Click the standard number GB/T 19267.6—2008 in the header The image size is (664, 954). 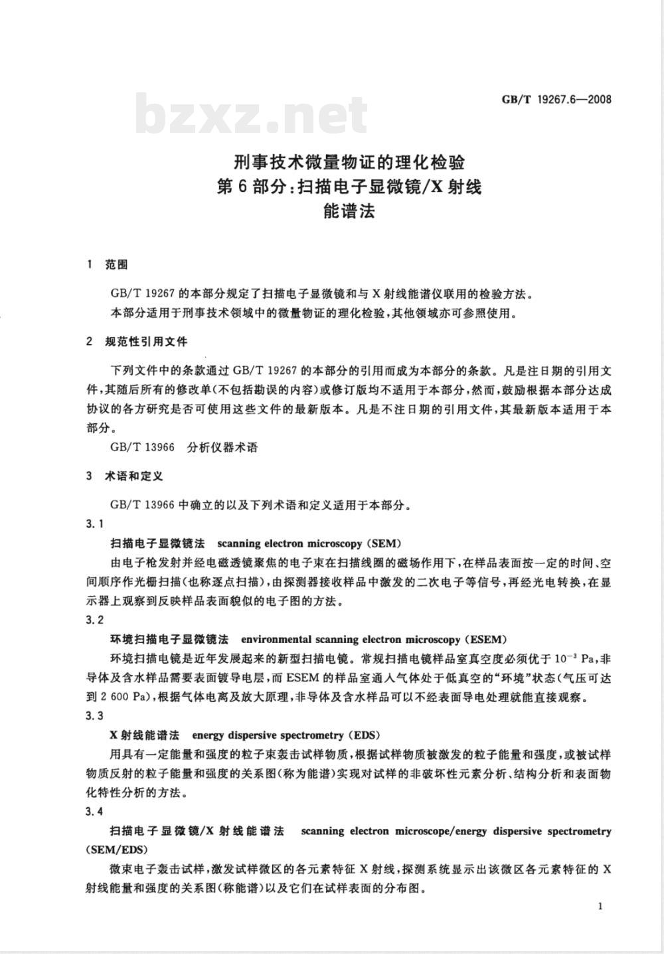pos(556,100)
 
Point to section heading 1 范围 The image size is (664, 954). pos(107,265)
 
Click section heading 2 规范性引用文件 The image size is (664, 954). pos(137,341)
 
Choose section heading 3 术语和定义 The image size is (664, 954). pos(124,476)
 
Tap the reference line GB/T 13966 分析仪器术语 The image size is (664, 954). pos(184,447)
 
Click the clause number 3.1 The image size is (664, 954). pos(95,524)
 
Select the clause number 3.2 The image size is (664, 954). pos(95,620)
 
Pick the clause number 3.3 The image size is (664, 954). pos(95,715)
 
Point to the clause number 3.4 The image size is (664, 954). pos(95,811)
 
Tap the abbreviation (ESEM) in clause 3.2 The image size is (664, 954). pos(486,639)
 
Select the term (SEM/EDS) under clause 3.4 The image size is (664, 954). pos(117,850)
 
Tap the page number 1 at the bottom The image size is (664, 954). pos(600,906)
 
